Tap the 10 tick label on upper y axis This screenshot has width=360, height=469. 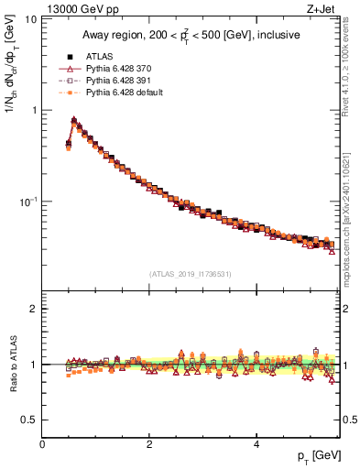30,20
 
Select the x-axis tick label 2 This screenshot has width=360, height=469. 149,443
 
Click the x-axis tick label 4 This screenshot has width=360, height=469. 256,443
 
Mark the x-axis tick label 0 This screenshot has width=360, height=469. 42,443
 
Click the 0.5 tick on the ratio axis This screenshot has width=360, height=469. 28,420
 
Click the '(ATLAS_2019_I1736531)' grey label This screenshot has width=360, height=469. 191,274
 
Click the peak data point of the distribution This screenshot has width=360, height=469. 74,120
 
